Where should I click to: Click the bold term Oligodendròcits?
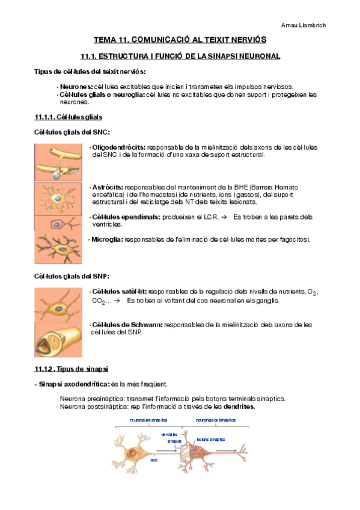[x=118, y=147]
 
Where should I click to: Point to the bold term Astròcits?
[x=106, y=187]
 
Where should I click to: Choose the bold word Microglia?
[x=106, y=239]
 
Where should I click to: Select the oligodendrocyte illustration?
[x=59, y=162]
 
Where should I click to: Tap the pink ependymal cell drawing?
[x=59, y=223]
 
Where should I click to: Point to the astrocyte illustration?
[x=59, y=198]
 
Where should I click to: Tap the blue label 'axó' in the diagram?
[x=154, y=458]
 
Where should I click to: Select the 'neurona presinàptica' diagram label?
[x=148, y=420]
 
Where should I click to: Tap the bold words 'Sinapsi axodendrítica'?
[x=75, y=383]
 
